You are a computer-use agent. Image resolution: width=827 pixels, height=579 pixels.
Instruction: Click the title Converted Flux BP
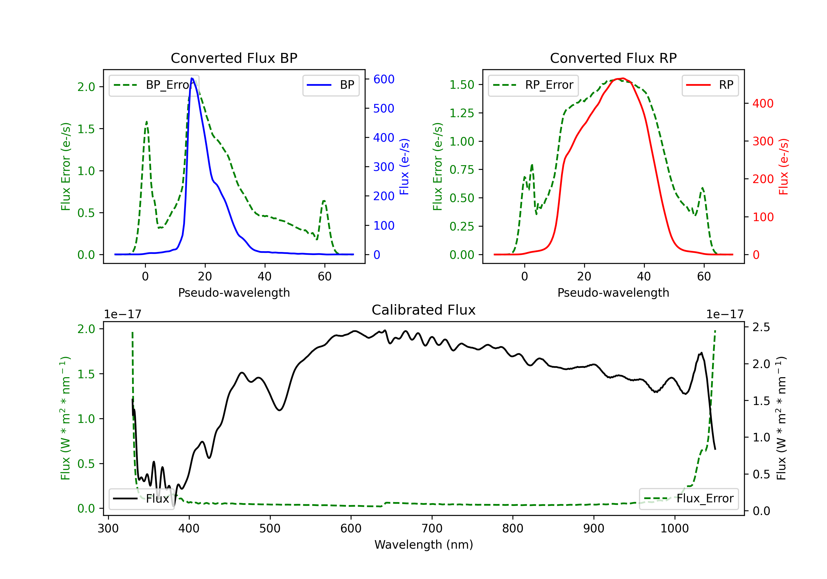(234, 58)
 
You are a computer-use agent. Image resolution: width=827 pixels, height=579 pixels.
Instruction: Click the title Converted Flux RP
(613, 58)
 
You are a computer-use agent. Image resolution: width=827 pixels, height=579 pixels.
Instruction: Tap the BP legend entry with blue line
(331, 85)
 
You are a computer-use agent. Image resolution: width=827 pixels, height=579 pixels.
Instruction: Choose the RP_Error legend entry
(533, 85)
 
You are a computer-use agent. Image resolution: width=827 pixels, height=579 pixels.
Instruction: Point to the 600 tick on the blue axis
(384, 79)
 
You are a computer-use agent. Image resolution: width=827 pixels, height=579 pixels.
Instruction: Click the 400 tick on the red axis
(762, 103)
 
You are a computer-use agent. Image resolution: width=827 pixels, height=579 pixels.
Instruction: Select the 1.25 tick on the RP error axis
(462, 113)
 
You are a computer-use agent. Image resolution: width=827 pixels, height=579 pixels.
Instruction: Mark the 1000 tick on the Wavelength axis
(674, 528)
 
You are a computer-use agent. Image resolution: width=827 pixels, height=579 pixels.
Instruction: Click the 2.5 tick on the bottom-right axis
(761, 327)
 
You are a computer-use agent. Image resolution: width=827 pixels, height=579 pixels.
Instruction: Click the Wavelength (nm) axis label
(424, 545)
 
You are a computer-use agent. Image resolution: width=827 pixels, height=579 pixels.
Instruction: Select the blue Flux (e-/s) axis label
(404, 167)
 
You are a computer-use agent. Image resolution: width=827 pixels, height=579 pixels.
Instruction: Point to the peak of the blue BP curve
(192, 78)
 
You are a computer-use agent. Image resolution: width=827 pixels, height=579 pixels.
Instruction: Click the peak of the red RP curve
(623, 78)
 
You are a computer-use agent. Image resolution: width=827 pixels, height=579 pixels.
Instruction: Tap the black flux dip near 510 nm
(280, 410)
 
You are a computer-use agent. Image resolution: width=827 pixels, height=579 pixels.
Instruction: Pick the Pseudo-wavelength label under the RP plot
(613, 293)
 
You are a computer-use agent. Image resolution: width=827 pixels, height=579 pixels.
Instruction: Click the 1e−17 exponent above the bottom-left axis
(122, 314)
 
